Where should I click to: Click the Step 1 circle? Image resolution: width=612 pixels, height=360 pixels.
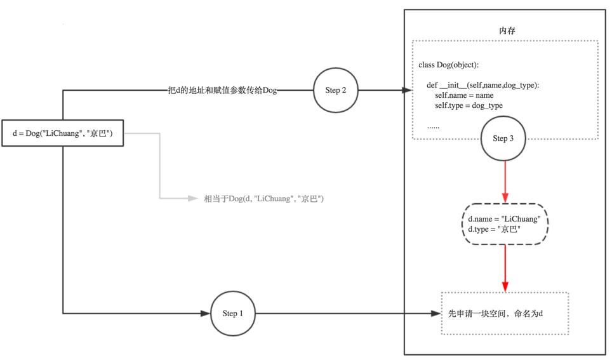click(x=232, y=314)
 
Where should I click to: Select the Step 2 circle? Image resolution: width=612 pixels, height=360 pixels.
click(x=336, y=90)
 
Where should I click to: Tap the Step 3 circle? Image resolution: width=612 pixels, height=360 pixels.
click(x=503, y=138)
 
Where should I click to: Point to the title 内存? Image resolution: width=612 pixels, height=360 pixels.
click(x=505, y=30)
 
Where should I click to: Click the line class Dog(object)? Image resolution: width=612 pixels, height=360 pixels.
click(x=449, y=65)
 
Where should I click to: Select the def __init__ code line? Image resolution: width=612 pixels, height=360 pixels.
click(x=482, y=85)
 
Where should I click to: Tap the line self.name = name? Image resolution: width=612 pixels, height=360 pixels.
click(x=460, y=95)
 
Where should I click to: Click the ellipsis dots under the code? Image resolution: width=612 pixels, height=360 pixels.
click(x=433, y=126)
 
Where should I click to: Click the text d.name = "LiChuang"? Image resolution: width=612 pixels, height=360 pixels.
click(x=504, y=219)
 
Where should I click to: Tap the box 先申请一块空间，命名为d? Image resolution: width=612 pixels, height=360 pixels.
click(x=504, y=314)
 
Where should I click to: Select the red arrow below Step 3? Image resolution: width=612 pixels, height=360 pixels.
click(x=505, y=181)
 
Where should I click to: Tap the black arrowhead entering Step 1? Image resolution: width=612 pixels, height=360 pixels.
click(x=205, y=314)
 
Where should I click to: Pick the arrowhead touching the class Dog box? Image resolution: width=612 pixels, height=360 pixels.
click(x=407, y=90)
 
